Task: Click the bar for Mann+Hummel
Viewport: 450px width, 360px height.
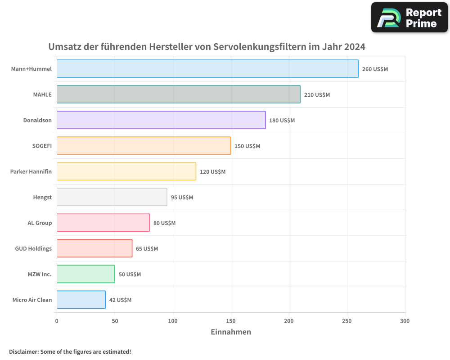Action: (x=207, y=69)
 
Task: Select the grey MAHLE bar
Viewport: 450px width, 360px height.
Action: (x=178, y=94)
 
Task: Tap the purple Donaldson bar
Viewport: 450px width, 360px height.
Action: (x=161, y=120)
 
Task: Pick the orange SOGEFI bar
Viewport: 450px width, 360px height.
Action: (x=144, y=146)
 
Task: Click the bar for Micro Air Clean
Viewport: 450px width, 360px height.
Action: (x=81, y=300)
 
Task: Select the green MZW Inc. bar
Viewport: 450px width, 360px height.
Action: (x=85, y=274)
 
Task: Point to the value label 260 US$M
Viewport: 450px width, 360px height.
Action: (x=375, y=69)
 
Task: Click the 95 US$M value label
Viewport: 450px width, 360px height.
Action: (x=182, y=198)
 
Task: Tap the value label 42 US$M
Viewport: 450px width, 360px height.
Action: (x=120, y=300)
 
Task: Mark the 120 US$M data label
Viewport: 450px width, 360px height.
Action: (x=212, y=172)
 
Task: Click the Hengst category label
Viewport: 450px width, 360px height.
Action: (x=42, y=198)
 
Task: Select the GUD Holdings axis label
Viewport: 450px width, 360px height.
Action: (x=33, y=249)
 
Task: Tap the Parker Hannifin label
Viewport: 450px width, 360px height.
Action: (x=31, y=172)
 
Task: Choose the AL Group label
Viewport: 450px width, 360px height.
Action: (x=40, y=223)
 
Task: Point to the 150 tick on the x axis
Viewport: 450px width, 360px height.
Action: (x=231, y=321)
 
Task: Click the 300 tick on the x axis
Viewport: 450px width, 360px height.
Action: (x=405, y=321)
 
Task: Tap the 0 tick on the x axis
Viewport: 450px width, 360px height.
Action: (x=57, y=321)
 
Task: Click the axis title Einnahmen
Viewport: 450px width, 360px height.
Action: (x=231, y=332)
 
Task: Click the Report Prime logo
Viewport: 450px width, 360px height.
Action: (x=409, y=18)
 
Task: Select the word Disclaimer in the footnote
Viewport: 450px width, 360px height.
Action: (x=23, y=352)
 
